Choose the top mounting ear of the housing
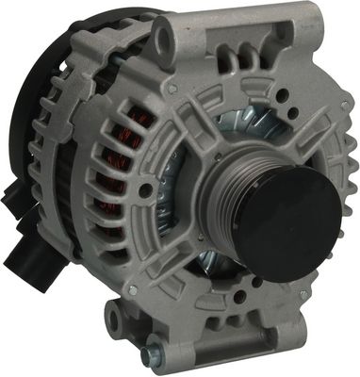coord(167,42)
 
